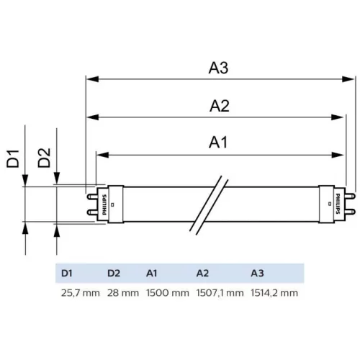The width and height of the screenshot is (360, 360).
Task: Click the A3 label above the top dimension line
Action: [218, 68]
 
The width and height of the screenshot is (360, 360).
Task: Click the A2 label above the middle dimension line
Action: [220, 106]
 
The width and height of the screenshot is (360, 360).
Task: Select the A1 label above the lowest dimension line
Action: [218, 143]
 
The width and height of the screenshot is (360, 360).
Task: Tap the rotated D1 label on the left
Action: [13, 158]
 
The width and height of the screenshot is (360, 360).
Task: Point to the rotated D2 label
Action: [44, 158]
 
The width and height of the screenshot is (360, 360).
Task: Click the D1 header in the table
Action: [66, 273]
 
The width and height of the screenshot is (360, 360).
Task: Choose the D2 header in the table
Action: [114, 273]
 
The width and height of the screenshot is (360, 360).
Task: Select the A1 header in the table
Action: [151, 273]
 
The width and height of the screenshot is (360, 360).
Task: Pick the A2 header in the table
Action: [202, 273]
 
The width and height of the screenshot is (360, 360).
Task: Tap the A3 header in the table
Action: [257, 273]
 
